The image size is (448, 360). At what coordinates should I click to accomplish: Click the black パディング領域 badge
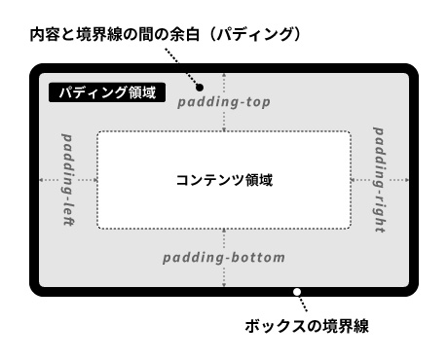pos(107,93)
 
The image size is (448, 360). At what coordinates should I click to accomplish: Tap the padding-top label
pos(225,102)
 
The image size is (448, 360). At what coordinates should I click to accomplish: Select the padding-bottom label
pos(224,258)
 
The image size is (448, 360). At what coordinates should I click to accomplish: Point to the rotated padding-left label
pos(68,180)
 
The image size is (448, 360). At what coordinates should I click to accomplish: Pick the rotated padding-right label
pos(379,180)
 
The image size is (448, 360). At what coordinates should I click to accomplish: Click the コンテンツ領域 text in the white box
pos(224,180)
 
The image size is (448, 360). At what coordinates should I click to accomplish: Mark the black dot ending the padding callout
pos(198,86)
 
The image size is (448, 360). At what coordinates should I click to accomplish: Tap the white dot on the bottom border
pos(297,290)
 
